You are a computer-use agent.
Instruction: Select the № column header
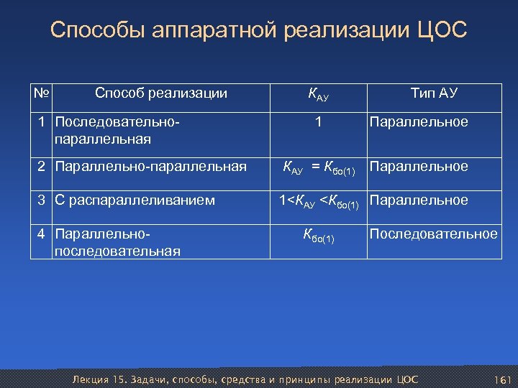[x=42, y=93]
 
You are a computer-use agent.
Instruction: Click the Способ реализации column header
[x=161, y=93]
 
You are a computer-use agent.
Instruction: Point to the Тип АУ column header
[x=434, y=93]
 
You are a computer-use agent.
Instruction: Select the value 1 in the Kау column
[x=318, y=122]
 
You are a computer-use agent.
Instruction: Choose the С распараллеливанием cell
[x=134, y=200]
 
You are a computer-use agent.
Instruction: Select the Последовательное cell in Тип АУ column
[x=433, y=234]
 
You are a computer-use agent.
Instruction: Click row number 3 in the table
[x=42, y=200]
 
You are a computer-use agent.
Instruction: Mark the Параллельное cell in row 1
[x=418, y=122]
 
